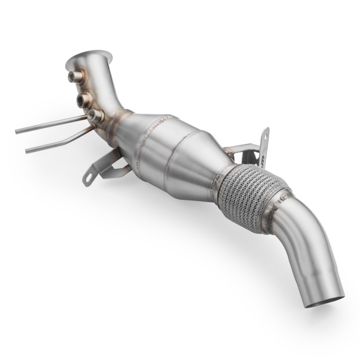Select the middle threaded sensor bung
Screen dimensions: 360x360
click(83, 98)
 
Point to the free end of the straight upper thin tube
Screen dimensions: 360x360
click(17, 131)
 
